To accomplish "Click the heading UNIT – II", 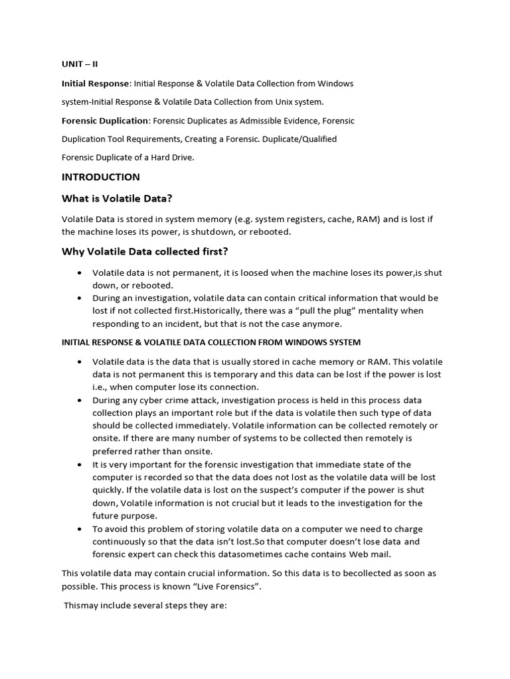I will tap(79, 64).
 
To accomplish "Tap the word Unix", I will tap(286, 101).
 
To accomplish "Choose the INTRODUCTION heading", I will tap(101, 177).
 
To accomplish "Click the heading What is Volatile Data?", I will tap(118, 198).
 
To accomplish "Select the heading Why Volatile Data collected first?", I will tap(145, 251).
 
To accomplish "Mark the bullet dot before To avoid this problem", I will tap(80, 529).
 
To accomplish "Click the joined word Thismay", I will tap(82, 605).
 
